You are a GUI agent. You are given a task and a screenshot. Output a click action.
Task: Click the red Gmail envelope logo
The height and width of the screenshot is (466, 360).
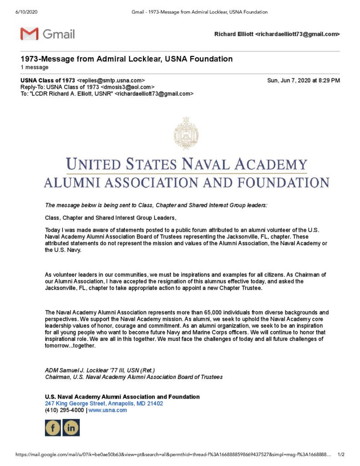pyautogui.click(x=30, y=34)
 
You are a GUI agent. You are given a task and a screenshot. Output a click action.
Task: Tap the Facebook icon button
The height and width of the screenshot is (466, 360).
pyautogui.click(x=53, y=427)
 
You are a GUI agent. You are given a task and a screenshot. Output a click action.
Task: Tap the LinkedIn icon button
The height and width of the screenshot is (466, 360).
pyautogui.click(x=71, y=427)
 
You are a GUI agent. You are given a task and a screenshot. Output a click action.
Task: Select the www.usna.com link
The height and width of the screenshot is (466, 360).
pyautogui.click(x=108, y=410)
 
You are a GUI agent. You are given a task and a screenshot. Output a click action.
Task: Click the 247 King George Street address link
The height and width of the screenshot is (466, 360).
pyautogui.click(x=104, y=404)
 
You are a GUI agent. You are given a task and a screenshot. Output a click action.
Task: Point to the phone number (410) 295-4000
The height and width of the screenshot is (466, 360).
pyautogui.click(x=64, y=410)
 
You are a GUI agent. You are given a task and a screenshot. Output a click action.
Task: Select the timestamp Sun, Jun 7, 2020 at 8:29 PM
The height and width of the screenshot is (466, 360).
pyautogui.click(x=303, y=81)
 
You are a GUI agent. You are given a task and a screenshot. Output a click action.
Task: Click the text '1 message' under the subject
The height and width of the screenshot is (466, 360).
pyautogui.click(x=35, y=67)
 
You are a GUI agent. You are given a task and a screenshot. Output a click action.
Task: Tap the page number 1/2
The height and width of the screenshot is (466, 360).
pyautogui.click(x=341, y=455)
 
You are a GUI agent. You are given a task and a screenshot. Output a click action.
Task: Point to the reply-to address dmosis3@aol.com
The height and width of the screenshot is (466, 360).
pyautogui.click(x=129, y=87)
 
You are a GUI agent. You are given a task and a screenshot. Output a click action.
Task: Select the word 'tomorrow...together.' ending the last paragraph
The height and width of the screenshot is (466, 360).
pyautogui.click(x=70, y=345)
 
